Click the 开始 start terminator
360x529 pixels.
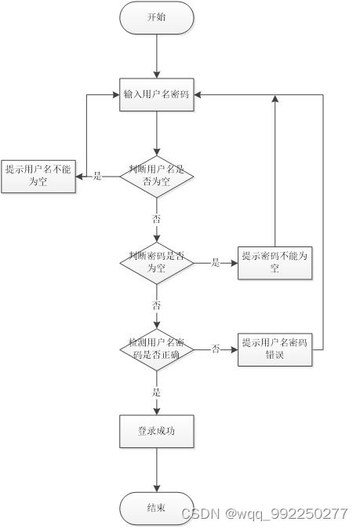[x=156, y=17]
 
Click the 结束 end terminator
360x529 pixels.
[x=156, y=508]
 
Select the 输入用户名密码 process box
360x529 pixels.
[x=156, y=95]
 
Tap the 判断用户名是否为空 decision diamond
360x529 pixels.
[x=156, y=176]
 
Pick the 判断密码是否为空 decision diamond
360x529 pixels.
[x=156, y=262]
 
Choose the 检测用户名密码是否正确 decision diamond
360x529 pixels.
[x=156, y=348]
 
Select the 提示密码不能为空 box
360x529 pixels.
[x=275, y=262]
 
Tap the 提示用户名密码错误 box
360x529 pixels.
[x=275, y=348]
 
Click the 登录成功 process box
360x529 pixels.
[x=156, y=431]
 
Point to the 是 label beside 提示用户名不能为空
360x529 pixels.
[x=98, y=176]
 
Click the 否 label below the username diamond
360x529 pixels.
[x=156, y=218]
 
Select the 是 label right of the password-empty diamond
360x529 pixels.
[x=216, y=262]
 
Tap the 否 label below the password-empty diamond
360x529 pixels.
[x=156, y=305]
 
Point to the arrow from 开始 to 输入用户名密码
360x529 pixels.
[x=156, y=55]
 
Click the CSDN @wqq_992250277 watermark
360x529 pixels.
[x=264, y=514]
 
